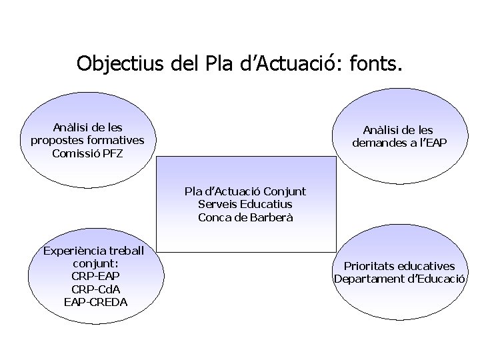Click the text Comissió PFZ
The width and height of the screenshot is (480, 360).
tap(87, 153)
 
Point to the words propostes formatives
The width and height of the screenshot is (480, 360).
tap(87, 141)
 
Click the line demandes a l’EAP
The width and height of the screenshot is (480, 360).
tap(399, 143)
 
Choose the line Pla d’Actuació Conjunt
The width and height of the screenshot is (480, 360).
tap(245, 192)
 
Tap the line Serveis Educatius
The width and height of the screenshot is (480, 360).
tap(245, 205)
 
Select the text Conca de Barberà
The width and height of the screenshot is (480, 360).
tap(245, 217)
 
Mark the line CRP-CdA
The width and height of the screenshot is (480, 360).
tap(95, 289)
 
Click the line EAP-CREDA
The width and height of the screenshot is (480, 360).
tap(95, 302)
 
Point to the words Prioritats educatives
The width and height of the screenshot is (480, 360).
tap(399, 266)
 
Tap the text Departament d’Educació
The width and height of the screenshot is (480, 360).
tap(399, 279)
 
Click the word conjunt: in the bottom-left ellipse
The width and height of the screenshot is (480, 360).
tap(95, 264)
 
